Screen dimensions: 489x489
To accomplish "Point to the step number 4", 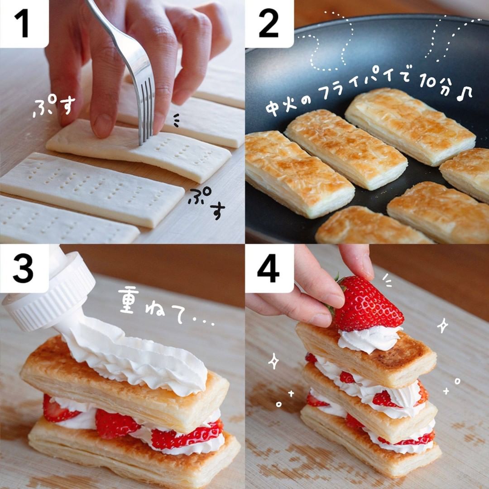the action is pyautogui.click(x=268, y=268).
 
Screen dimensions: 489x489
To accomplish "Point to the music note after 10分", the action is pyautogui.click(x=465, y=93).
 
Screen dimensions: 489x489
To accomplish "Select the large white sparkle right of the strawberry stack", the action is pyautogui.click(x=442, y=326).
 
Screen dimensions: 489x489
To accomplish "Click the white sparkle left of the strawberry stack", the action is pyautogui.click(x=273, y=361).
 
